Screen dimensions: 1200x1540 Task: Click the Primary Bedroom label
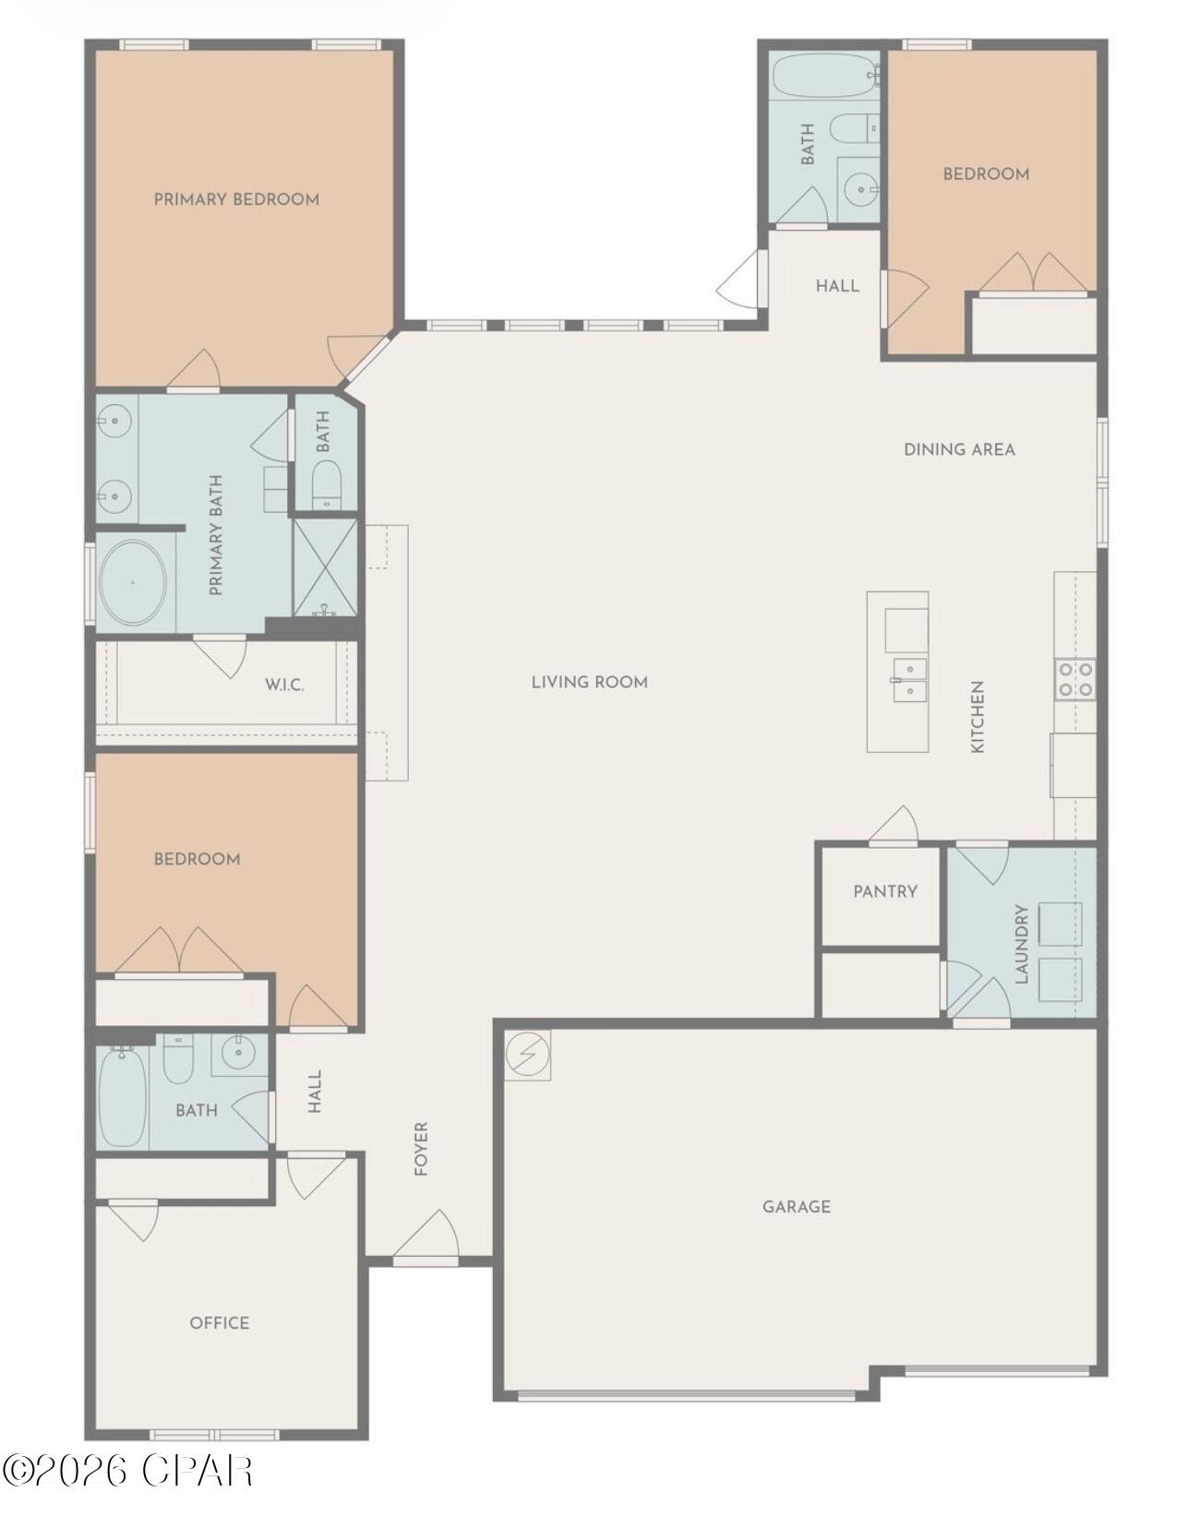(236, 199)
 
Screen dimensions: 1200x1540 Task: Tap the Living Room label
(590, 682)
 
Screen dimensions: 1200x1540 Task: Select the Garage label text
(797, 1206)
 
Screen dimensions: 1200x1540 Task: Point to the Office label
(220, 1322)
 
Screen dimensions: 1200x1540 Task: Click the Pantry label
(885, 891)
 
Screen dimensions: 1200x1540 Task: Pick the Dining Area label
(959, 449)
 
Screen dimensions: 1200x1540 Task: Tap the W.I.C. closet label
(284, 685)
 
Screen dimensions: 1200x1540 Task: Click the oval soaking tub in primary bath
(134, 582)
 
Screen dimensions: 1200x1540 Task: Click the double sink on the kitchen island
(909, 678)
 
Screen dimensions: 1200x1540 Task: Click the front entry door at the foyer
(426, 1237)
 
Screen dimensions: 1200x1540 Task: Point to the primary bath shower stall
(324, 567)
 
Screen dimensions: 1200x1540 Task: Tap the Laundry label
(1022, 944)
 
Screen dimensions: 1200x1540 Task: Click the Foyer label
(421, 1149)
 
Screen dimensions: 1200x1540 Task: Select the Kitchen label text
(978, 717)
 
